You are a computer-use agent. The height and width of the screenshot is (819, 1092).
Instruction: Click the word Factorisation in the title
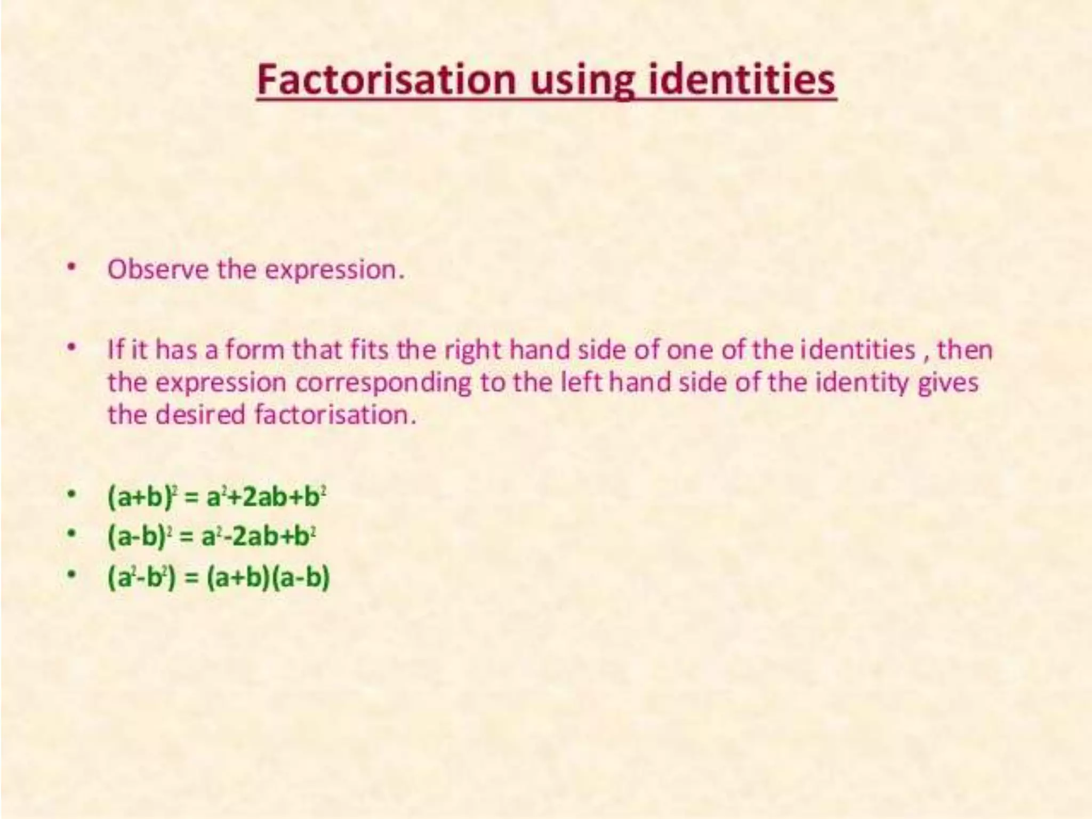386,80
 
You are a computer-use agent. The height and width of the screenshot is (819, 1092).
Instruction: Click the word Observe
158,269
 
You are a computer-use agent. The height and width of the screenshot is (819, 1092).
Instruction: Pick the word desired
200,414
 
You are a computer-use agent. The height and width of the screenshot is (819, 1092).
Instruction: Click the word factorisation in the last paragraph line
335,414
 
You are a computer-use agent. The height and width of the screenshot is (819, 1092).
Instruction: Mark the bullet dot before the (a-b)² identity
70,535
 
